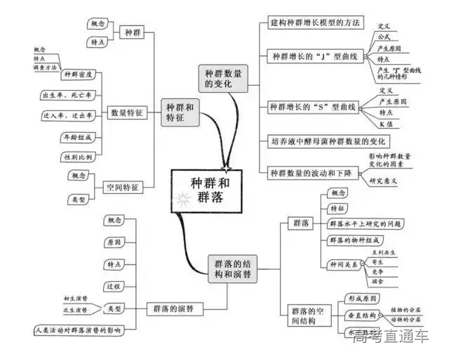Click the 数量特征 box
click(127, 112)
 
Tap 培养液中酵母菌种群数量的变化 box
click(333, 141)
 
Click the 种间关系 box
click(342, 264)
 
